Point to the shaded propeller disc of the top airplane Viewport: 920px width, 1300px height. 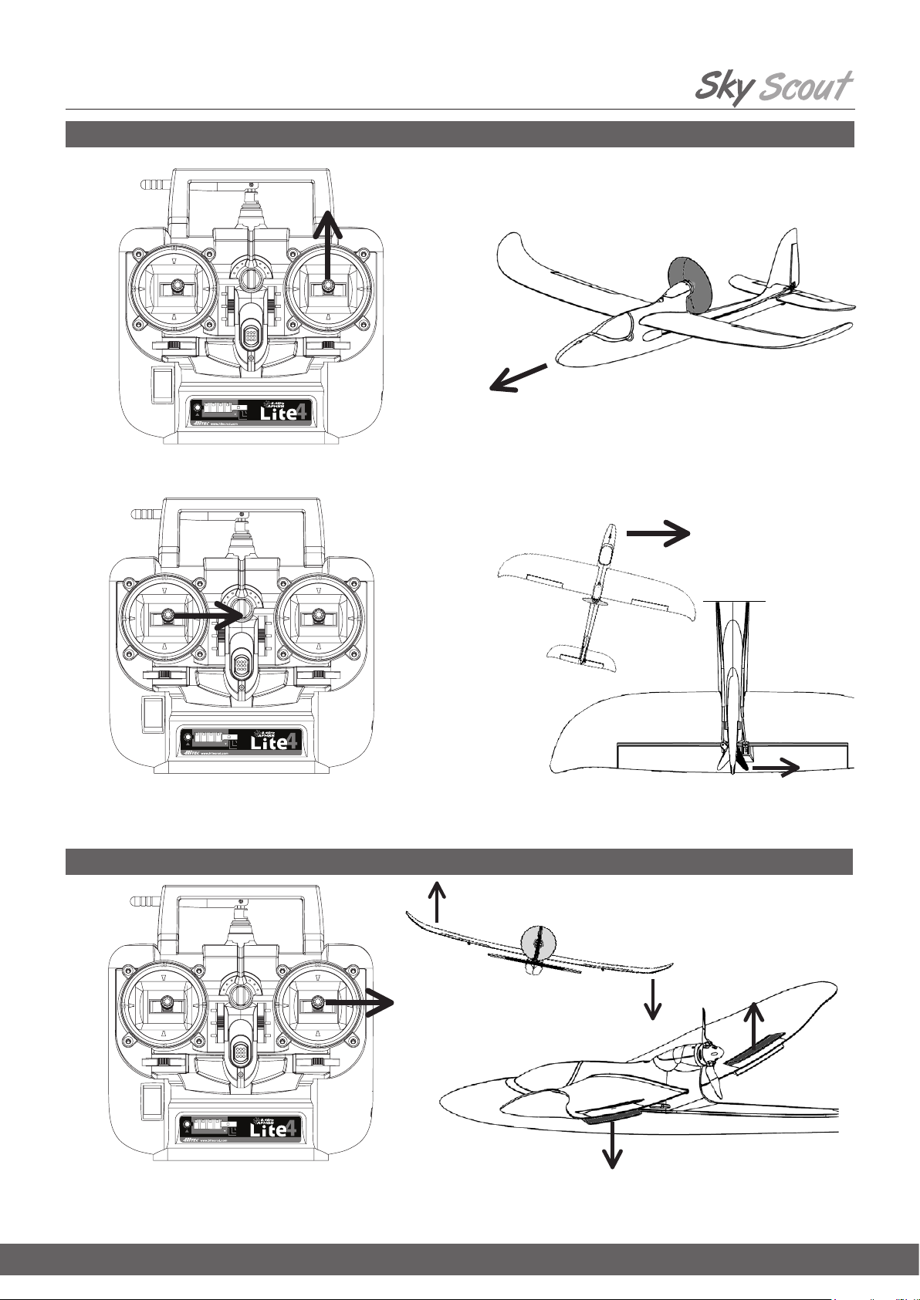(x=687, y=284)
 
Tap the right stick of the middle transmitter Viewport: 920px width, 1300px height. (x=317, y=616)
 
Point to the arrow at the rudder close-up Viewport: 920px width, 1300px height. (x=775, y=767)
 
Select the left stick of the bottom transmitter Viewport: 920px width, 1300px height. (x=165, y=1003)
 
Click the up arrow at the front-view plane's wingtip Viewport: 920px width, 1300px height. (x=438, y=900)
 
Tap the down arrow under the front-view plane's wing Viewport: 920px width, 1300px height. (x=654, y=998)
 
